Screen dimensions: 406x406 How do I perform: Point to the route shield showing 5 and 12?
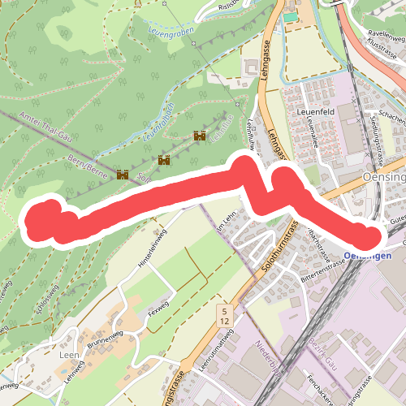(223, 315)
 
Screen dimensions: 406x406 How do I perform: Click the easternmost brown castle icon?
(199, 137)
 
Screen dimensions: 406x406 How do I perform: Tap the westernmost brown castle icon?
(123, 175)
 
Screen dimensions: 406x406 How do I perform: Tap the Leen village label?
(68, 355)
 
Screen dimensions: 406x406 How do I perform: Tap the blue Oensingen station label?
(367, 256)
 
